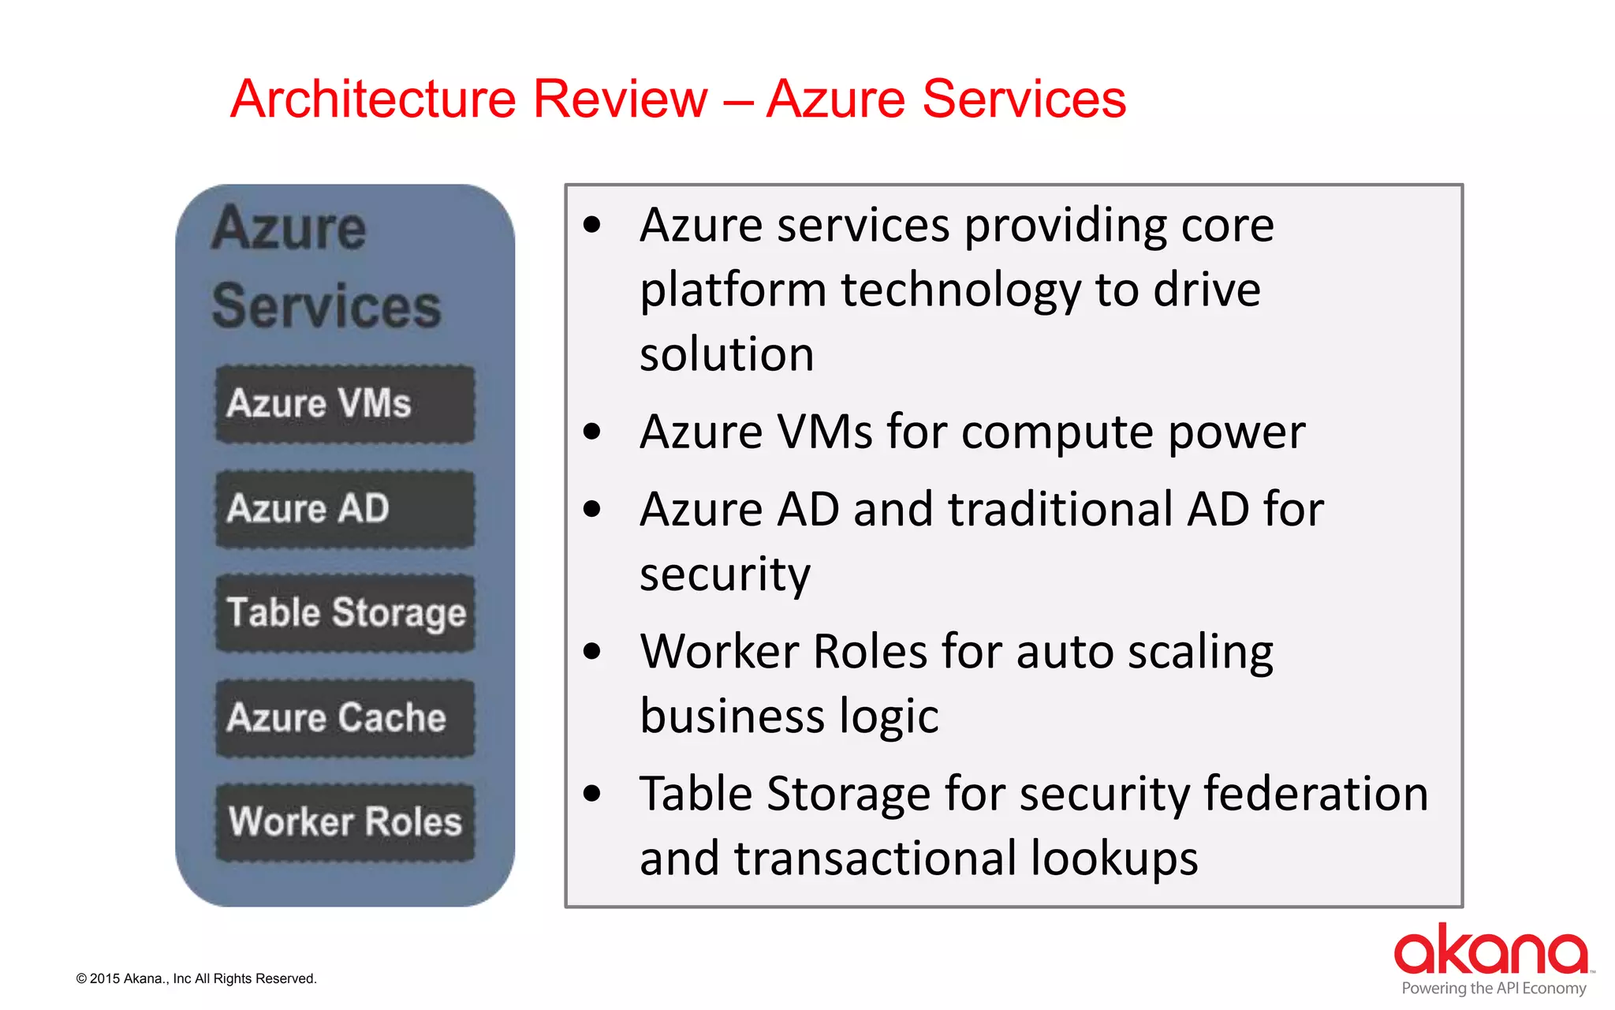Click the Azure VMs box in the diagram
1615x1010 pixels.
[345, 404]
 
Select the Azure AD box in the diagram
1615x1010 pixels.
[345, 509]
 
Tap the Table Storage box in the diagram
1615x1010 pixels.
[345, 613]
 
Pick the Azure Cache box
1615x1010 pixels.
[345, 718]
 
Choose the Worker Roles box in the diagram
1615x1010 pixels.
[345, 822]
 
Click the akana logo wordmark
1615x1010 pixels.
[1490, 950]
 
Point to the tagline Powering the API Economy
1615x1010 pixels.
[1494, 989]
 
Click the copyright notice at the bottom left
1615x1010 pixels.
[196, 978]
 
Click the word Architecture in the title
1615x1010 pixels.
[374, 99]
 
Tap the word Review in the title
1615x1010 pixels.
[621, 99]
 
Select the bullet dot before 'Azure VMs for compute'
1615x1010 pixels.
[591, 432]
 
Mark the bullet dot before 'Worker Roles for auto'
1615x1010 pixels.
[591, 652]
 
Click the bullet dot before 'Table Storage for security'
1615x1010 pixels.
[591, 794]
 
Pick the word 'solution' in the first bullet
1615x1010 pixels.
[726, 354]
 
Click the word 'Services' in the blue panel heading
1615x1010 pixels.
[326, 306]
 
